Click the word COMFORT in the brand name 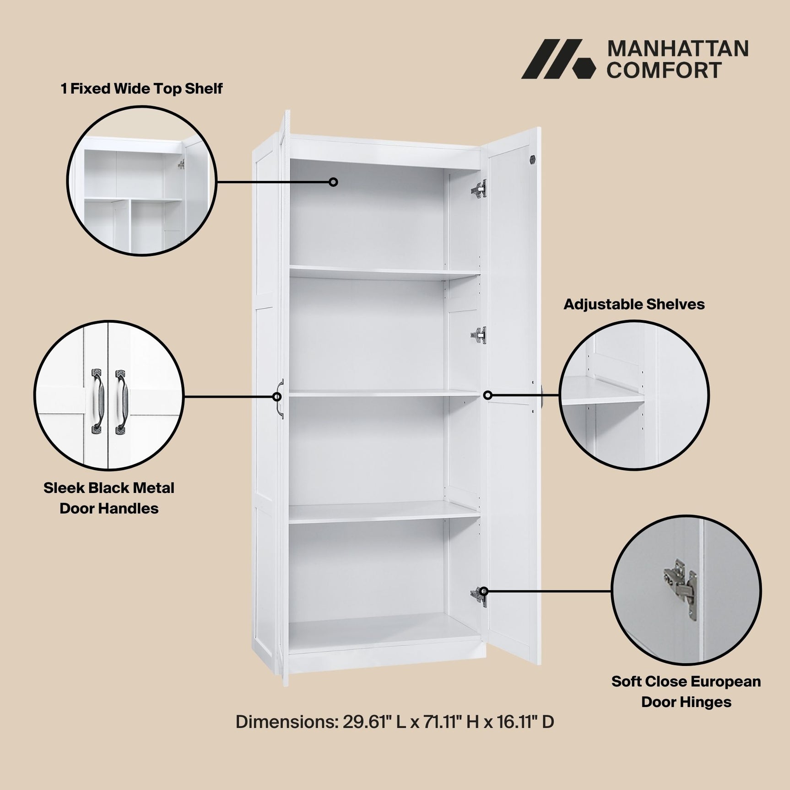[x=664, y=70]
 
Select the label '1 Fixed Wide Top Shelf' [x=141, y=89]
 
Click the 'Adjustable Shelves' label [x=634, y=304]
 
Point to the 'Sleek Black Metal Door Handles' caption [x=109, y=498]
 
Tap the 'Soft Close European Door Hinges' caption [x=686, y=692]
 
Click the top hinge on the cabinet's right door [x=479, y=189]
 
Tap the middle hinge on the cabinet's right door [x=479, y=335]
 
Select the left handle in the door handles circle [x=97, y=401]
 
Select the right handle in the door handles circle [x=121, y=401]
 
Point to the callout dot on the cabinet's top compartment [x=334, y=182]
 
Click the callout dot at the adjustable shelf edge [x=488, y=395]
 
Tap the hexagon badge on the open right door [x=532, y=160]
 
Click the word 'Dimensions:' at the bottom [x=287, y=722]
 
